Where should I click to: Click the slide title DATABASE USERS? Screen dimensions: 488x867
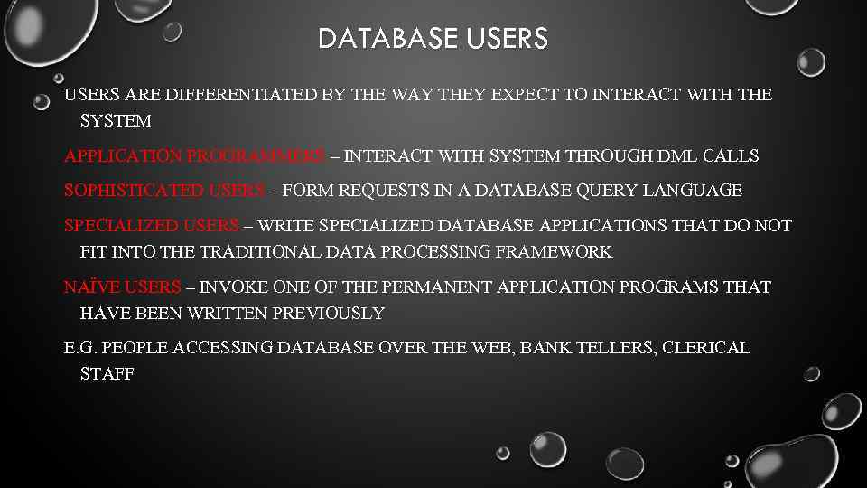tap(433, 39)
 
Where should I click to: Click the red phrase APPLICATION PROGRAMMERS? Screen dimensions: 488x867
tap(195, 156)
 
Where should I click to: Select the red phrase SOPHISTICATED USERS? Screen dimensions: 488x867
tap(165, 191)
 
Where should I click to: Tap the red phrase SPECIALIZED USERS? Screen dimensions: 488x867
tap(152, 225)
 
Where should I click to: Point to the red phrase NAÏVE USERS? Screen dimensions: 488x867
tap(123, 287)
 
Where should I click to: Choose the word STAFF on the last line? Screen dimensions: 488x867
tap(107, 374)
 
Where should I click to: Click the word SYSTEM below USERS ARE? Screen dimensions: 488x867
tap(116, 121)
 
